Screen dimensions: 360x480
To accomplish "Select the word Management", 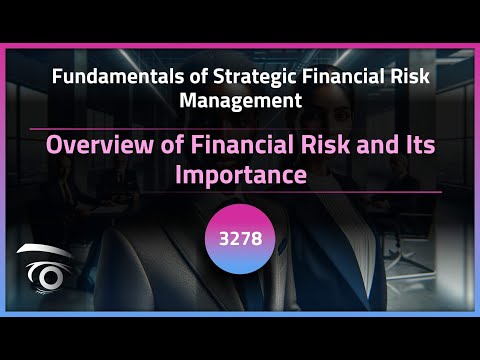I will click(x=240, y=100).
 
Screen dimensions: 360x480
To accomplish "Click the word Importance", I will click(x=240, y=175).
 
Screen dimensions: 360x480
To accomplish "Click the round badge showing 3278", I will click(x=240, y=240).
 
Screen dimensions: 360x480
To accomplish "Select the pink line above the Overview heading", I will click(x=240, y=128).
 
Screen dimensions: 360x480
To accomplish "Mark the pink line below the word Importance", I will click(x=240, y=192).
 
